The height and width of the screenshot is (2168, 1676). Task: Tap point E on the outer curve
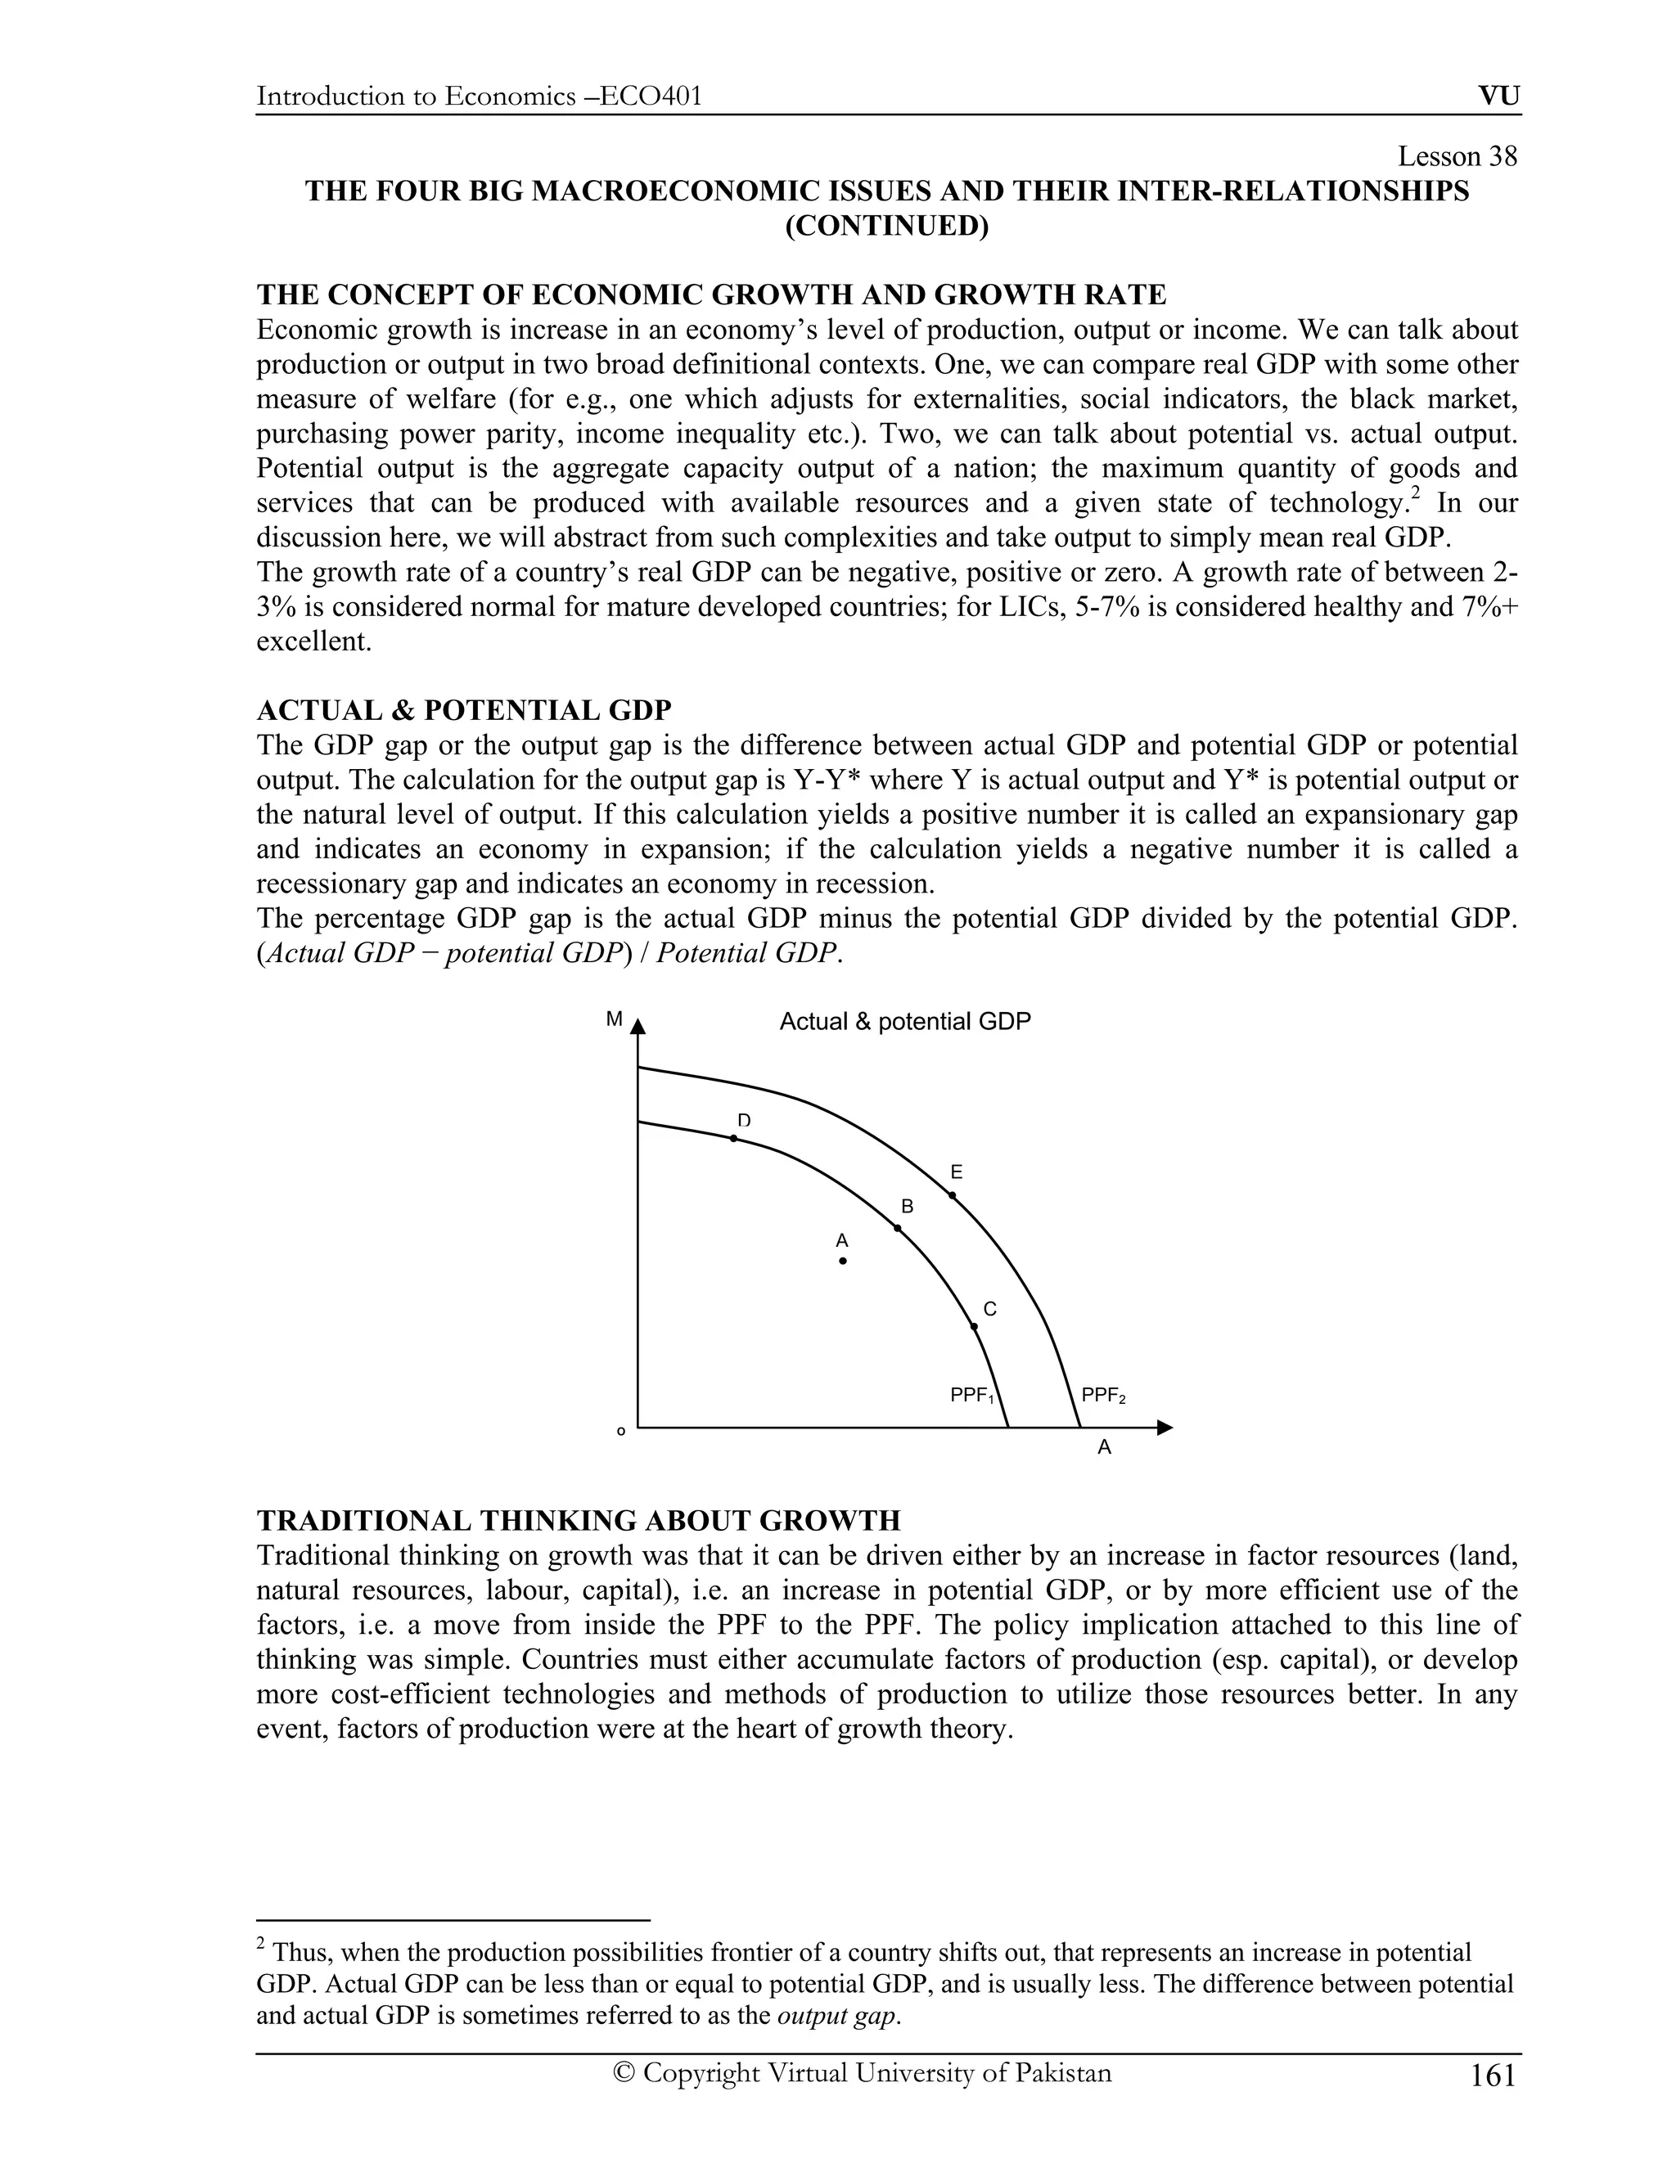pos(953,1195)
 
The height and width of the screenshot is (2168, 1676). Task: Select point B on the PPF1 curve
pos(898,1229)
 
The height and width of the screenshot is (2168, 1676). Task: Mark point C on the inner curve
pos(974,1326)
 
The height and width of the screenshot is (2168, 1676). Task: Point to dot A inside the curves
pos(843,1261)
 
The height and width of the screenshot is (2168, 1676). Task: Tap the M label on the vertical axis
pos(615,1019)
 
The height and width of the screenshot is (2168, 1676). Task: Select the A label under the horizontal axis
pos(1104,1448)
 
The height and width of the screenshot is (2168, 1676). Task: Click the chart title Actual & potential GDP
pos(904,1022)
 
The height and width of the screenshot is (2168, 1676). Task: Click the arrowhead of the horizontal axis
pos(1165,1428)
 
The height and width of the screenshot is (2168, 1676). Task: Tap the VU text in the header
pos(1498,97)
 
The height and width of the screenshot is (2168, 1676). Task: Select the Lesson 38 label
pos(1457,157)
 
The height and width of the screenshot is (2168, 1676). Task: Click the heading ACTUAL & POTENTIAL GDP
pos(464,711)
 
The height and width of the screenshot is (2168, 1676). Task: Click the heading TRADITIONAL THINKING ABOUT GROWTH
pos(578,1521)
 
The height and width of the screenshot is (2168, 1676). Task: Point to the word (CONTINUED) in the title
pos(886,227)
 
